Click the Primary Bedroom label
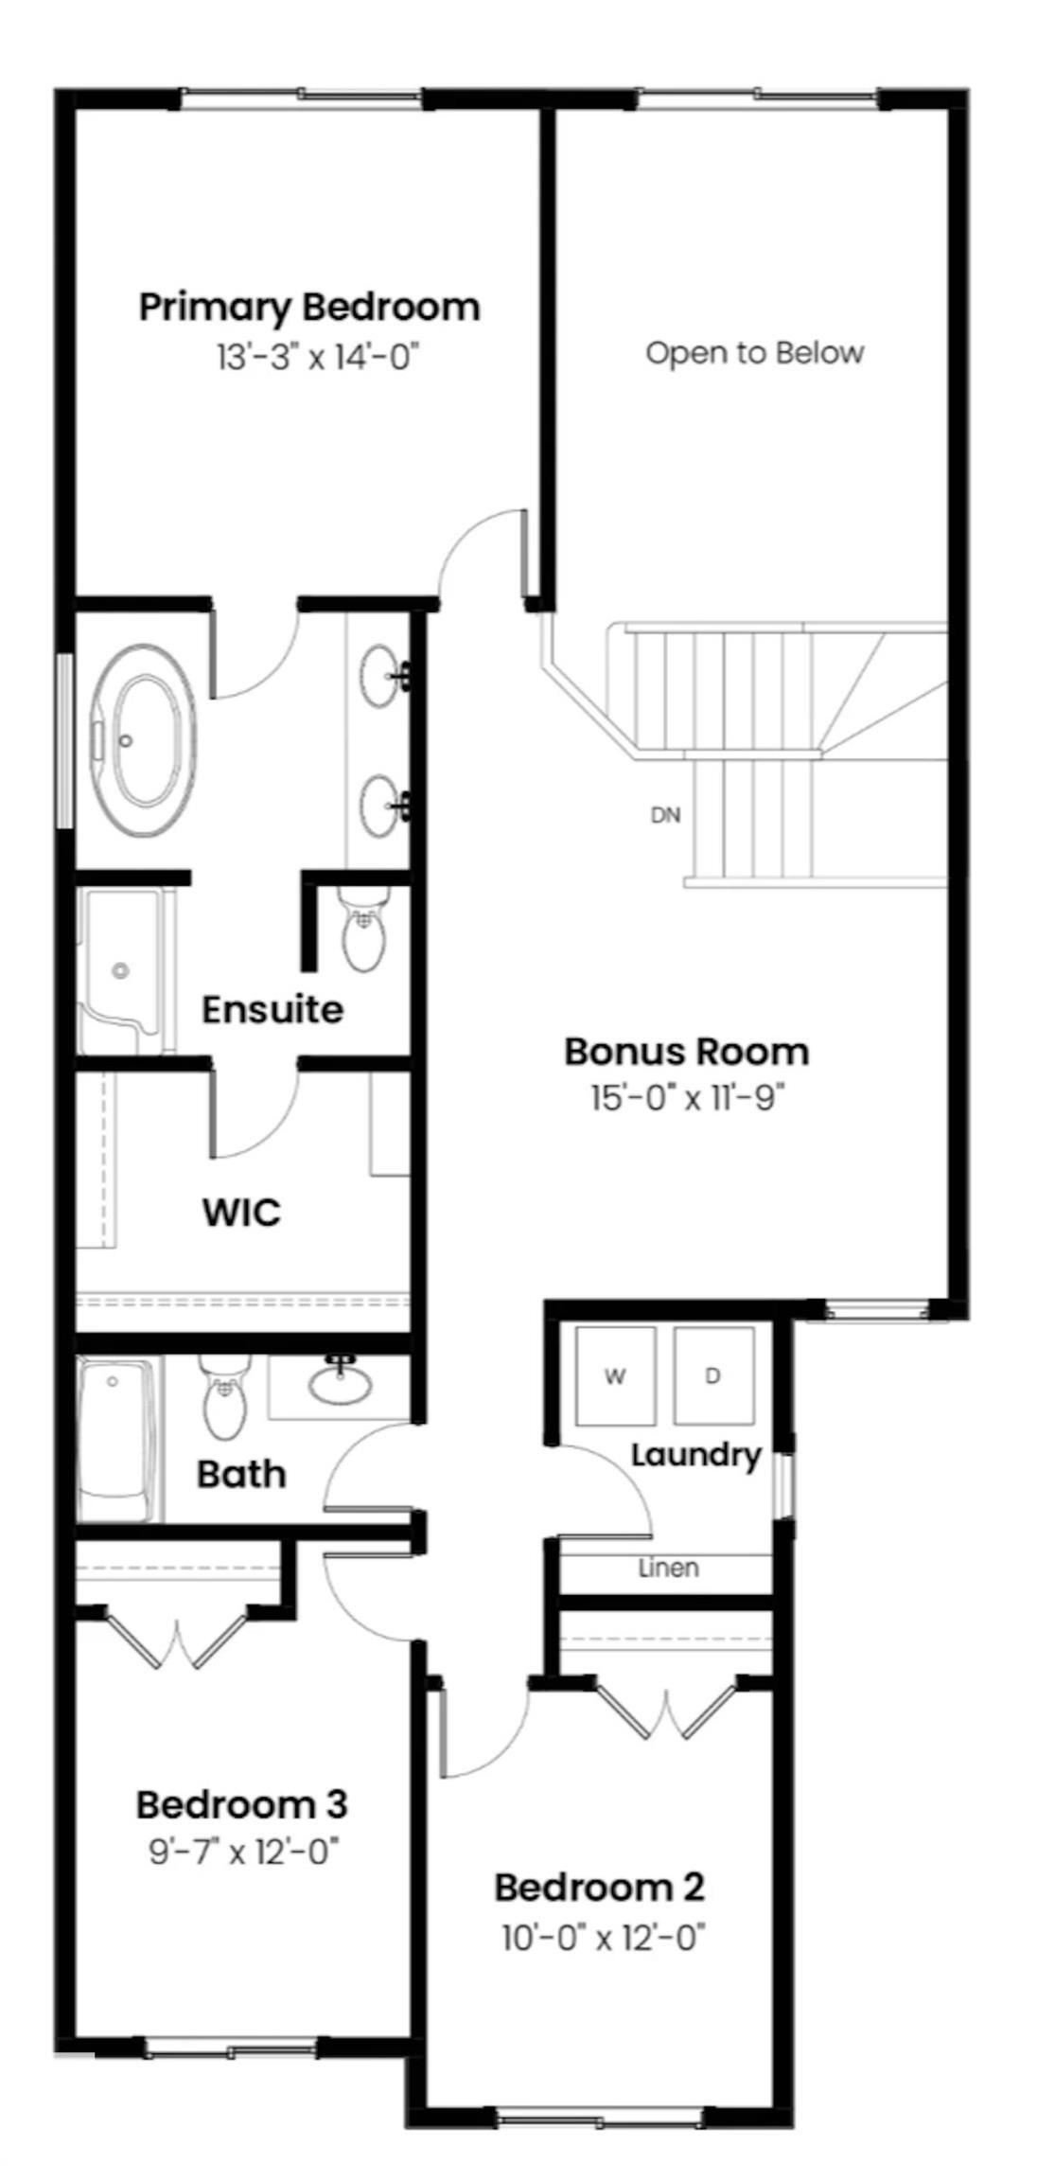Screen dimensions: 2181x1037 (x=309, y=308)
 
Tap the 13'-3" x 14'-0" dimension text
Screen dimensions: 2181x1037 (x=317, y=358)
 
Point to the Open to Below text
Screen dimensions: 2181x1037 (x=754, y=353)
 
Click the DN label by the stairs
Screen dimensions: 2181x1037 (x=665, y=815)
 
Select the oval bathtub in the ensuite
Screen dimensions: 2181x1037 (x=143, y=740)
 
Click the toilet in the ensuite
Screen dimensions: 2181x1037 (x=364, y=932)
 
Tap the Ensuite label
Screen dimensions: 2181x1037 (x=272, y=1009)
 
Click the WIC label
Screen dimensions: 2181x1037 (x=241, y=1213)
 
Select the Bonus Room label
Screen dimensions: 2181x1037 (x=686, y=1052)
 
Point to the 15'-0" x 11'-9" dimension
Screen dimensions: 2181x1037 (x=688, y=1099)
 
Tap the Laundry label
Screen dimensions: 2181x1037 (x=695, y=1454)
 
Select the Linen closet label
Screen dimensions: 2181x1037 (x=668, y=1569)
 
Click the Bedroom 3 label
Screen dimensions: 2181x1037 (x=242, y=1804)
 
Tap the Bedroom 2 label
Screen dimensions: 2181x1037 (x=599, y=1888)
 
